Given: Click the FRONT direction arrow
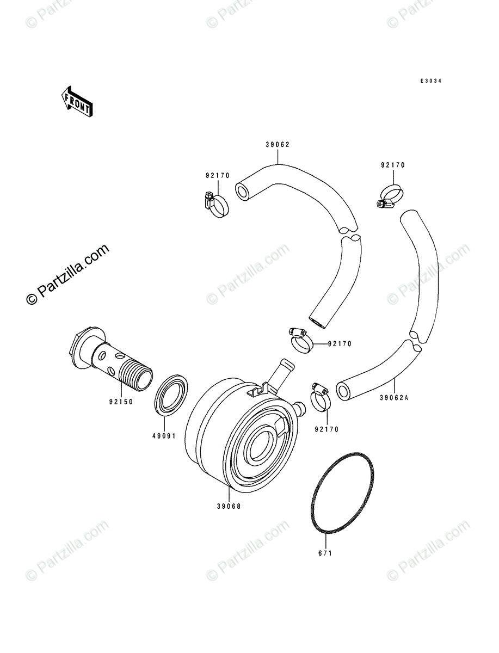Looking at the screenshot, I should [x=76, y=101].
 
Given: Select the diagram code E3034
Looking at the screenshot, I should [x=430, y=81].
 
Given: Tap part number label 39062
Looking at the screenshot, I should [x=278, y=145].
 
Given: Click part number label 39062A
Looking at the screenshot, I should [x=395, y=398].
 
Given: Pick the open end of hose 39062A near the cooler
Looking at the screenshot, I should [x=344, y=391].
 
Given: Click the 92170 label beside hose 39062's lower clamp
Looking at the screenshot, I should [x=340, y=344].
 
